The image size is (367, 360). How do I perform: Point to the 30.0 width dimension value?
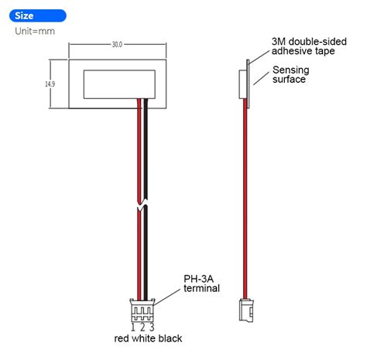pyautogui.click(x=117, y=45)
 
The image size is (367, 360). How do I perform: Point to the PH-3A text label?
pyautogui.click(x=200, y=278)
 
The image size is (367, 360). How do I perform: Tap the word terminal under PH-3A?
pyautogui.click(x=201, y=289)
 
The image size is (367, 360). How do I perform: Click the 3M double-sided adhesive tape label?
pyautogui.click(x=304, y=45)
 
